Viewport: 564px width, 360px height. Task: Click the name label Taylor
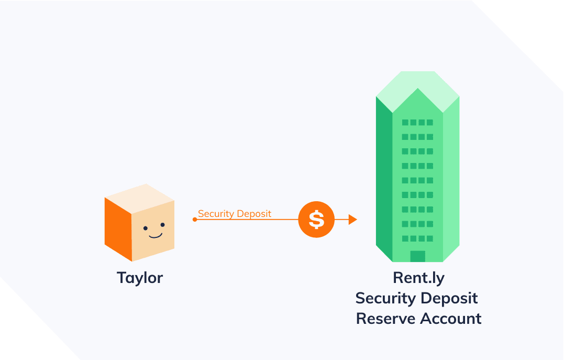pos(140,277)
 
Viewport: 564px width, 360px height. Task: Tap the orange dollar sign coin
pos(316,220)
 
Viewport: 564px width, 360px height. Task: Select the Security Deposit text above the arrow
pos(235,213)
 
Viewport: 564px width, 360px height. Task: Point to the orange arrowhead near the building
pos(352,220)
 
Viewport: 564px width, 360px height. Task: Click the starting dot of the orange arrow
pos(195,220)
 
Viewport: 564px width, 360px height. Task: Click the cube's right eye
pos(162,225)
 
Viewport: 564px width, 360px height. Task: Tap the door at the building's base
pos(417,256)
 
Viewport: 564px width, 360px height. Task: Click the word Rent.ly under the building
pos(418,278)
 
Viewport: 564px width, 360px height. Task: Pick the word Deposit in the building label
pos(449,298)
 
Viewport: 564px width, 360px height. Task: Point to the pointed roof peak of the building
pos(417,90)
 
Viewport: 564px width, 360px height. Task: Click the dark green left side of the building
pos(384,178)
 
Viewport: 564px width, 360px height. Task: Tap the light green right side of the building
pos(451,178)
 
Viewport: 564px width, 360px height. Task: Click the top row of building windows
pos(417,123)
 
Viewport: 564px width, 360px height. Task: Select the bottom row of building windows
pos(417,238)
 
